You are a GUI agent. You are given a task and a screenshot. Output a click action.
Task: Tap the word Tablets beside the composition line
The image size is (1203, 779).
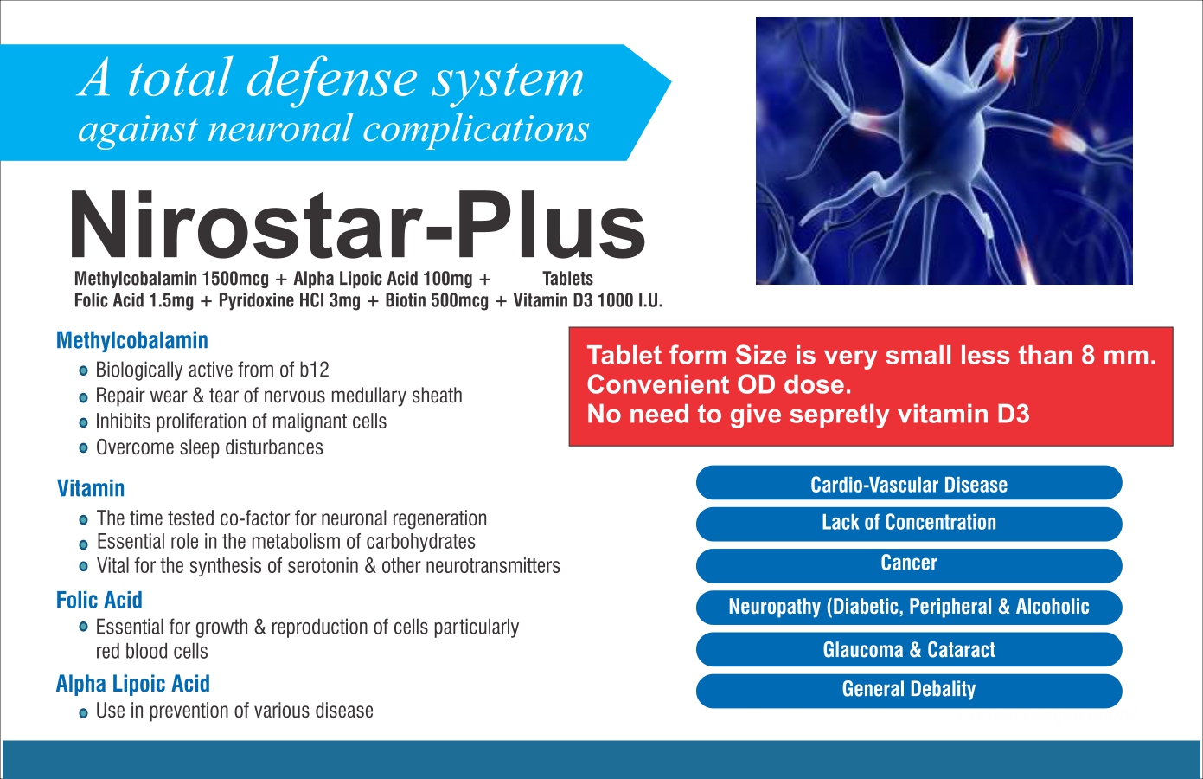click(567, 279)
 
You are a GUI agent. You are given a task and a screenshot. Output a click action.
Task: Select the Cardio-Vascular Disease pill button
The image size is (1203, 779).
click(909, 483)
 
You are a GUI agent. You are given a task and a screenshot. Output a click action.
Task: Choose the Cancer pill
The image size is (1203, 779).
click(909, 565)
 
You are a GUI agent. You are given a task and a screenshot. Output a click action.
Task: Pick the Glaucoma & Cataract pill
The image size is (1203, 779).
click(909, 649)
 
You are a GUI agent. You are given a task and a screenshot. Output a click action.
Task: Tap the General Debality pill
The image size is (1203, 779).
click(909, 691)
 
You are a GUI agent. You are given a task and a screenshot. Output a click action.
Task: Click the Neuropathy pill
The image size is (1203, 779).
click(909, 608)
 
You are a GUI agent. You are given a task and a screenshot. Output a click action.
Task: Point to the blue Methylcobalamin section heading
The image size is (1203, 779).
click(132, 341)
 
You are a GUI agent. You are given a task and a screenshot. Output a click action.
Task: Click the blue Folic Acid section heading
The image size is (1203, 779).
click(99, 601)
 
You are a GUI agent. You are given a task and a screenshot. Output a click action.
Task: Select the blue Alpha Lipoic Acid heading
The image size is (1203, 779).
click(133, 685)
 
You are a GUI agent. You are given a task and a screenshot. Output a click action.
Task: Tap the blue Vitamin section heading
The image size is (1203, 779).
click(91, 489)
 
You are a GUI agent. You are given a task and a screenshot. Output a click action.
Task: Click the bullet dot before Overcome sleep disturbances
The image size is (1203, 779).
click(83, 448)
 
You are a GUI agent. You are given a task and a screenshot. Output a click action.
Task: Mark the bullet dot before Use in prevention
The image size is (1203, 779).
click(83, 713)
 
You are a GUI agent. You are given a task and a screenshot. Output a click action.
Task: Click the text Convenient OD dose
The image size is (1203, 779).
click(719, 385)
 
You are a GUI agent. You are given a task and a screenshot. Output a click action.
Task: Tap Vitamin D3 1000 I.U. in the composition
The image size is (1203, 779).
click(587, 300)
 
